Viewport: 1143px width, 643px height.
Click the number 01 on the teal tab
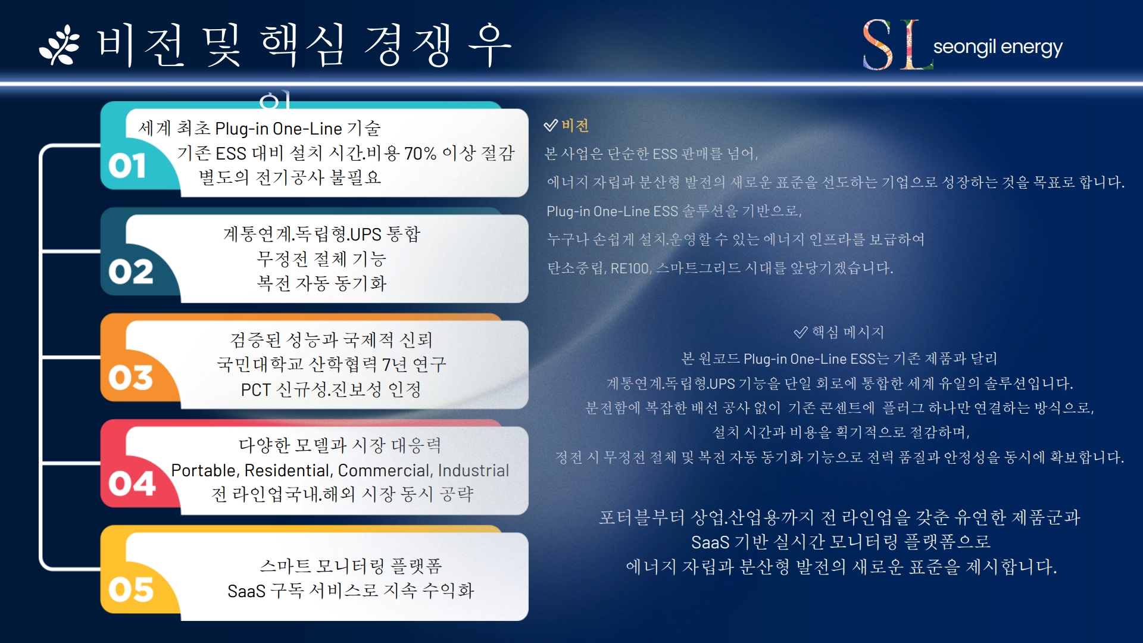(x=127, y=166)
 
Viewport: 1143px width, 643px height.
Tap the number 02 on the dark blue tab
(x=131, y=271)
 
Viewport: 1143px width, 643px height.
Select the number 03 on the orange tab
(x=131, y=377)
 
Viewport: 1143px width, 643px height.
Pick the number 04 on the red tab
(x=132, y=483)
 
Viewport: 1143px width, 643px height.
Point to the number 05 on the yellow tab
(x=131, y=589)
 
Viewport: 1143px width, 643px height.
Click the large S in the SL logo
(x=879, y=45)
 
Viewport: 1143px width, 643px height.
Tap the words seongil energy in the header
(x=998, y=47)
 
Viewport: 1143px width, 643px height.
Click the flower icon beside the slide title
(x=59, y=45)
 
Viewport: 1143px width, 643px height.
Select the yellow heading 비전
(x=575, y=126)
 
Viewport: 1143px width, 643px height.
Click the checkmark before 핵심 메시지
(x=801, y=332)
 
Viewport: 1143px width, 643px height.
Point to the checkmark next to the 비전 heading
(x=551, y=125)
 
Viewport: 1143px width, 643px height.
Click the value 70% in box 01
(x=420, y=154)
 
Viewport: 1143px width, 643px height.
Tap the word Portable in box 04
(x=205, y=470)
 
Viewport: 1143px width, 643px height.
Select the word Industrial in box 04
(x=473, y=470)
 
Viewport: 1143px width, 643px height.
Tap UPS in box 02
(x=366, y=235)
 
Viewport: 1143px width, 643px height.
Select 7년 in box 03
(x=395, y=364)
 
